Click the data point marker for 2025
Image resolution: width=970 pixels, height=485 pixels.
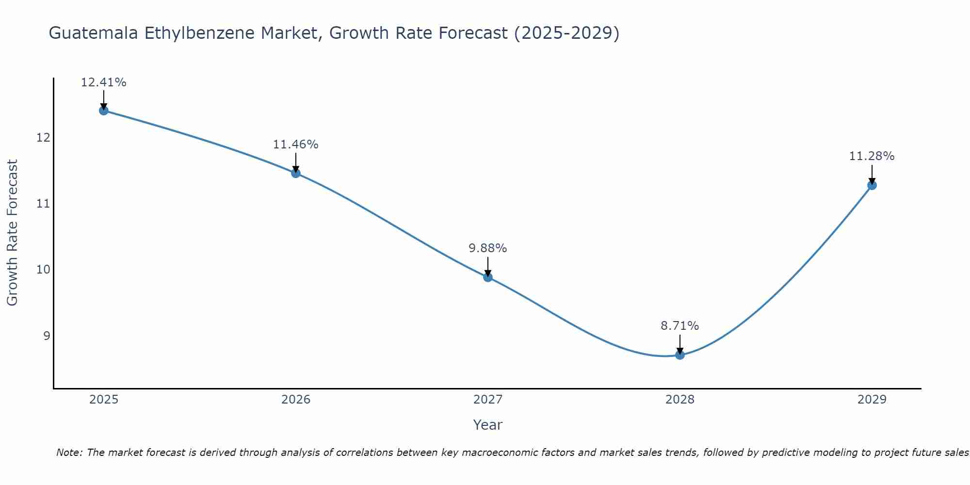click(x=103, y=111)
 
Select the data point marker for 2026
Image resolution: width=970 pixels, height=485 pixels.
click(x=296, y=173)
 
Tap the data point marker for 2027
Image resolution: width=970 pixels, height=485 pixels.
click(x=488, y=277)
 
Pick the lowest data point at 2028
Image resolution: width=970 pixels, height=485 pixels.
click(x=680, y=355)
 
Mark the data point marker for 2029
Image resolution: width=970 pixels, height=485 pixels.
click(x=872, y=185)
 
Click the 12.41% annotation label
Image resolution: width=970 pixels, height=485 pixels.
click(x=103, y=82)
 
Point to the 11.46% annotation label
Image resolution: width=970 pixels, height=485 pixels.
click(x=296, y=145)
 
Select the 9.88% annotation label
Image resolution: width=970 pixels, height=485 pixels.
click(x=488, y=248)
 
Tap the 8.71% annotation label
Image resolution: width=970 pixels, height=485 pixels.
click(x=680, y=326)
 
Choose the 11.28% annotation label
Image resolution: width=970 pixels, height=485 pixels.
click(x=872, y=156)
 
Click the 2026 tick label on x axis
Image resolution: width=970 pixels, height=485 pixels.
click(x=296, y=400)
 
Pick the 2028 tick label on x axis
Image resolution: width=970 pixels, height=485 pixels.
click(x=680, y=400)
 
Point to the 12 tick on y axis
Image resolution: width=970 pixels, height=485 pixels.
click(x=43, y=138)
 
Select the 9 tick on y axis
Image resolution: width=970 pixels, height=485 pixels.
click(x=47, y=336)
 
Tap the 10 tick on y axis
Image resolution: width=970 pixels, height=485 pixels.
click(x=43, y=270)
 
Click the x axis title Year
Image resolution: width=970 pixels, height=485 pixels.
click(x=488, y=425)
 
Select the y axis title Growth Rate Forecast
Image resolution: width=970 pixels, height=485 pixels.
click(x=12, y=233)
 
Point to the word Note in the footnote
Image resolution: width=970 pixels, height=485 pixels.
click(x=68, y=453)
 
